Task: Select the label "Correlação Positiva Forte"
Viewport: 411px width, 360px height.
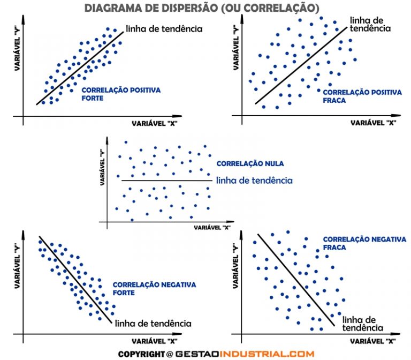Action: pyautogui.click(x=120, y=94)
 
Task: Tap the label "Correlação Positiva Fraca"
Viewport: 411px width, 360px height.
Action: pyautogui.click(x=362, y=96)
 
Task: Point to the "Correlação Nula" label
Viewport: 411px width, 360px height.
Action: pyautogui.click(x=242, y=163)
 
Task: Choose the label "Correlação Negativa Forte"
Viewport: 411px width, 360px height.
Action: pyautogui.click(x=154, y=289)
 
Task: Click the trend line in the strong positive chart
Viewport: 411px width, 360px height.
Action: pyautogui.click(x=80, y=67)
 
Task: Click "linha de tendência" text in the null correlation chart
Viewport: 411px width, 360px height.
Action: pyautogui.click(x=254, y=181)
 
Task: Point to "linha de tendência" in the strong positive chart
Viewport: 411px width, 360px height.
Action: pyautogui.click(x=163, y=28)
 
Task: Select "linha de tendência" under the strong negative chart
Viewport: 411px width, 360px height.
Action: pyautogui.click(x=153, y=324)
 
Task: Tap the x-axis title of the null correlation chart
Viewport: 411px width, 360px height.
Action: pyautogui.click(x=211, y=227)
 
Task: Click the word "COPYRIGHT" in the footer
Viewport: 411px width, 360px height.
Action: pyautogui.click(x=141, y=354)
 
